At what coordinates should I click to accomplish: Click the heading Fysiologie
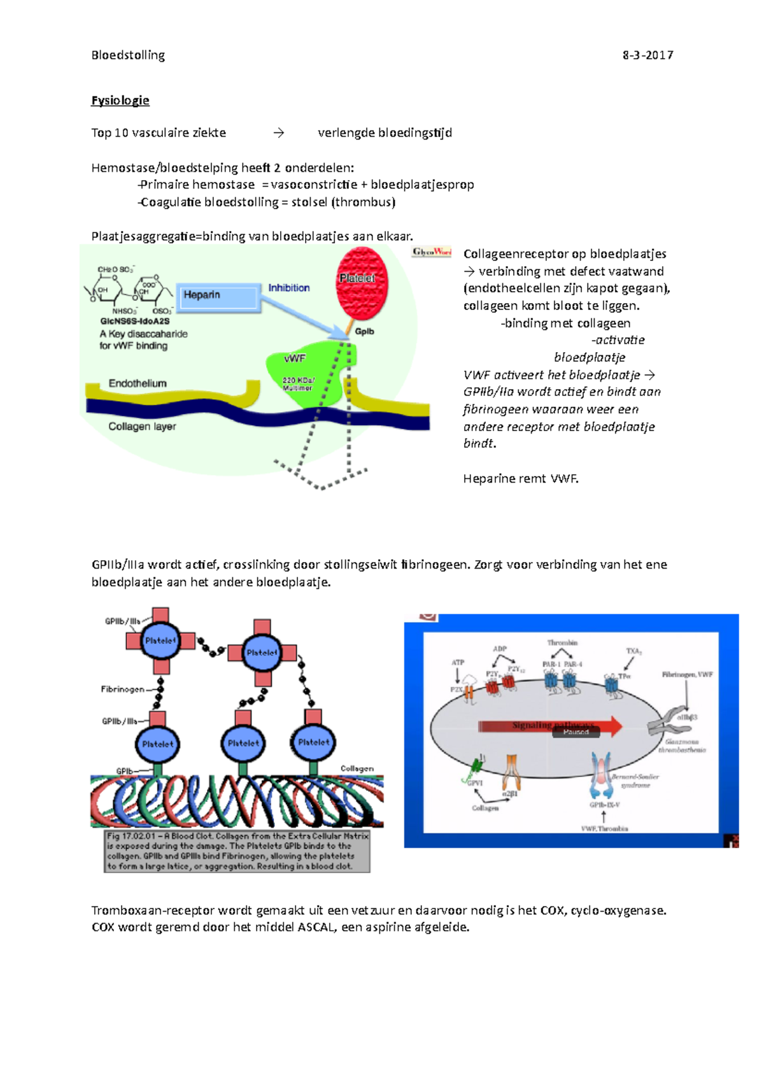tap(120, 101)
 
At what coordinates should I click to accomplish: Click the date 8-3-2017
tap(647, 55)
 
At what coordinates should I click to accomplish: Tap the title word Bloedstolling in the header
tap(128, 55)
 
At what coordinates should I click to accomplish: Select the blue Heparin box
tap(218, 297)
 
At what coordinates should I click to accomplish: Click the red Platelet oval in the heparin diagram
tap(361, 283)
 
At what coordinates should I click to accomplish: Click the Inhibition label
tap(289, 288)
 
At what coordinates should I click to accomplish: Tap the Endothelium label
tap(138, 383)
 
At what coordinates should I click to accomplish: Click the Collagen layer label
tap(142, 427)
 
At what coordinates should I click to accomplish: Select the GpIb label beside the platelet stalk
tap(365, 331)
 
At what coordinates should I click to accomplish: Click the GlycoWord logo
tap(432, 252)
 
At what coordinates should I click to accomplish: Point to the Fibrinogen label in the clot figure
tap(122, 689)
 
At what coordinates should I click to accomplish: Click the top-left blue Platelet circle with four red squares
tap(160, 640)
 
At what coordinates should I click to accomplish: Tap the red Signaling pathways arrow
tap(551, 726)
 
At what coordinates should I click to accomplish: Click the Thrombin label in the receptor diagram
tap(562, 643)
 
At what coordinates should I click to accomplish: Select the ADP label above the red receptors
tap(500, 649)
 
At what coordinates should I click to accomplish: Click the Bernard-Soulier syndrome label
tap(635, 781)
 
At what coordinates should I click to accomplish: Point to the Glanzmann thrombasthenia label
tap(682, 746)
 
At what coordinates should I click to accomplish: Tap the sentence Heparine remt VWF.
tap(521, 479)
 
